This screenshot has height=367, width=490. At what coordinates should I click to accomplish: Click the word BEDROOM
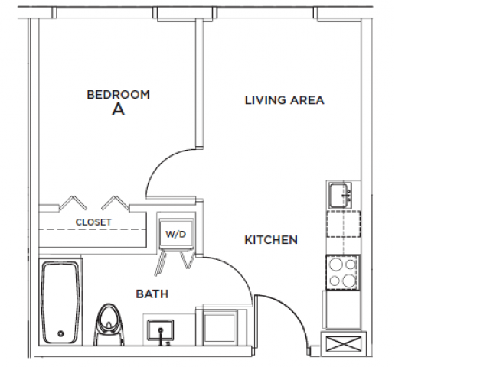[x=118, y=95]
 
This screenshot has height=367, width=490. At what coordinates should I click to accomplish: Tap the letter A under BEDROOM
[x=118, y=110]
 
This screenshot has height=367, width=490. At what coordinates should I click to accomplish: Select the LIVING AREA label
[x=284, y=100]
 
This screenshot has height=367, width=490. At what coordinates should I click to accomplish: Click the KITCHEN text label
[x=271, y=240]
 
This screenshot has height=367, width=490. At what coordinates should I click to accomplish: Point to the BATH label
[x=152, y=294]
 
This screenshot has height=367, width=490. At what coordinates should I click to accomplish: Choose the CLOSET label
[x=93, y=222]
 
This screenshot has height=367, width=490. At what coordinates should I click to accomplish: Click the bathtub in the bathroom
[x=60, y=303]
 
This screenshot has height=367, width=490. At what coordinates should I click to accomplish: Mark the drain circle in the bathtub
[x=61, y=334]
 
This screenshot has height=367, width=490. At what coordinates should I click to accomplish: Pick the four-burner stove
[x=341, y=271]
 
